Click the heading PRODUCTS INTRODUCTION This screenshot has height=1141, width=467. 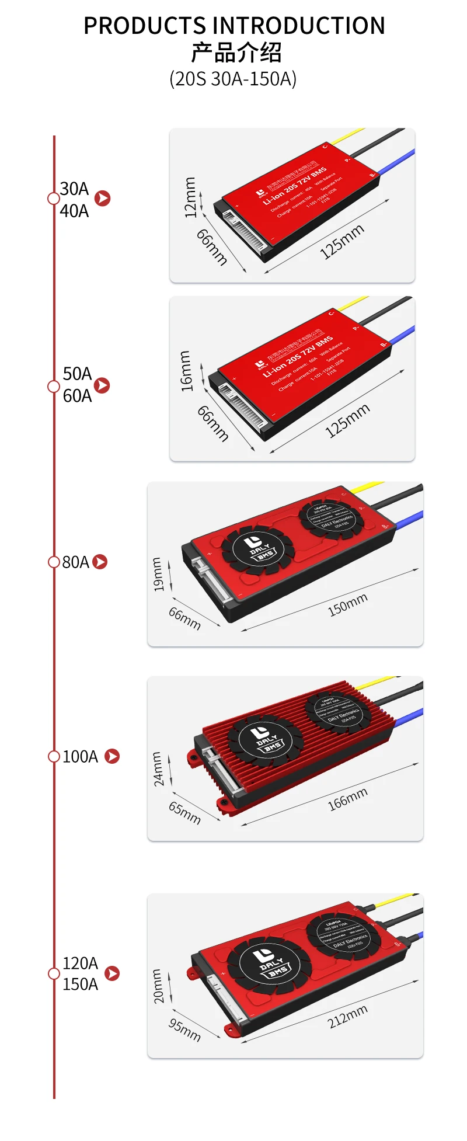tap(234, 26)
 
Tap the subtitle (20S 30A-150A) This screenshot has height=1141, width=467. tap(233, 78)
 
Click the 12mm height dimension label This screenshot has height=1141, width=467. tap(190, 197)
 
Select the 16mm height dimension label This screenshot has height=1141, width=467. tap(186, 371)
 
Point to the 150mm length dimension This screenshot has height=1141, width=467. tap(347, 605)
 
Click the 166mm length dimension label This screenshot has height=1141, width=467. tap(347, 799)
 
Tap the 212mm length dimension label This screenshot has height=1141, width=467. tap(347, 1016)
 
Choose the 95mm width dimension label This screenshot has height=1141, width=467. tap(184, 1029)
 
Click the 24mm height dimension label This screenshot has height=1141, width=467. tap(158, 769)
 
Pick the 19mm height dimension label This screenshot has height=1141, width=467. tap(158, 575)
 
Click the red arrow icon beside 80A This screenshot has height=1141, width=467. tap(100, 562)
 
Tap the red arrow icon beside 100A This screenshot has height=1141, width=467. tap(112, 756)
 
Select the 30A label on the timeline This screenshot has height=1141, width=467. tap(74, 189)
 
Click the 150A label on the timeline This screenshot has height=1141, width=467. tap(80, 984)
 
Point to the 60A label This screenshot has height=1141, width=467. tap(77, 396)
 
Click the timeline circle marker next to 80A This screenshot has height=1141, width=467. tap(54, 562)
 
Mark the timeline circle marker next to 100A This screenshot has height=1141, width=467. tap(54, 756)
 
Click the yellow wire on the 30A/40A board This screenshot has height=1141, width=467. tap(349, 136)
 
